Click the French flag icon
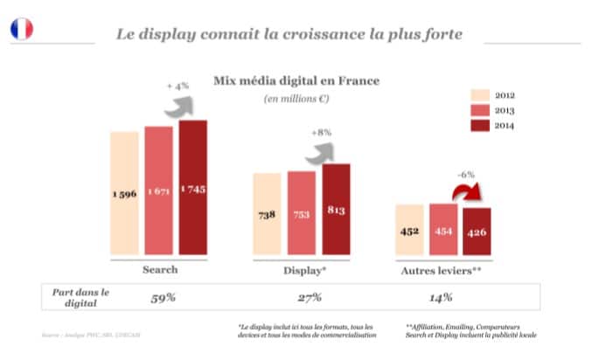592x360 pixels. [x=22, y=30]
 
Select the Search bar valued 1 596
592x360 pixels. [x=124, y=193]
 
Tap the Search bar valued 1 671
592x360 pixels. [x=158, y=190]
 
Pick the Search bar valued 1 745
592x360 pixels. [x=193, y=187]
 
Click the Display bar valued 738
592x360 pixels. [x=267, y=214]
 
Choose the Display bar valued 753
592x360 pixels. [x=301, y=213]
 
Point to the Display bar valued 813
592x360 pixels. [x=336, y=209]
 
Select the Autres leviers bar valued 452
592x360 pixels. [x=408, y=230]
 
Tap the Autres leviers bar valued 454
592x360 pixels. [x=443, y=230]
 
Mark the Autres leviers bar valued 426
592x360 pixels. [x=477, y=232]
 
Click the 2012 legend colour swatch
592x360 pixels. [x=479, y=94]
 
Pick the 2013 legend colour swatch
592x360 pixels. [x=479, y=110]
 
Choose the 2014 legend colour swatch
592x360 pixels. [x=479, y=126]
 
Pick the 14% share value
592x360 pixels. [x=442, y=297]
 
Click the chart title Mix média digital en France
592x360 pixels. [x=296, y=80]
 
